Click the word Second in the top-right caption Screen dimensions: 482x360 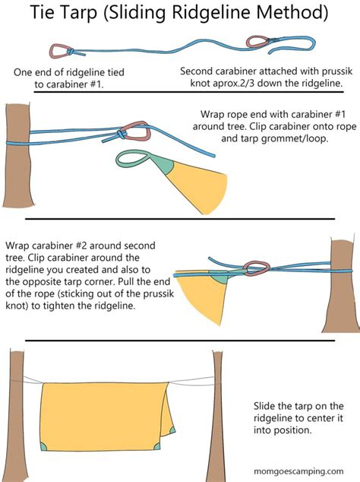click(x=199, y=71)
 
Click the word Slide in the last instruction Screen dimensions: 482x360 click(x=268, y=407)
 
